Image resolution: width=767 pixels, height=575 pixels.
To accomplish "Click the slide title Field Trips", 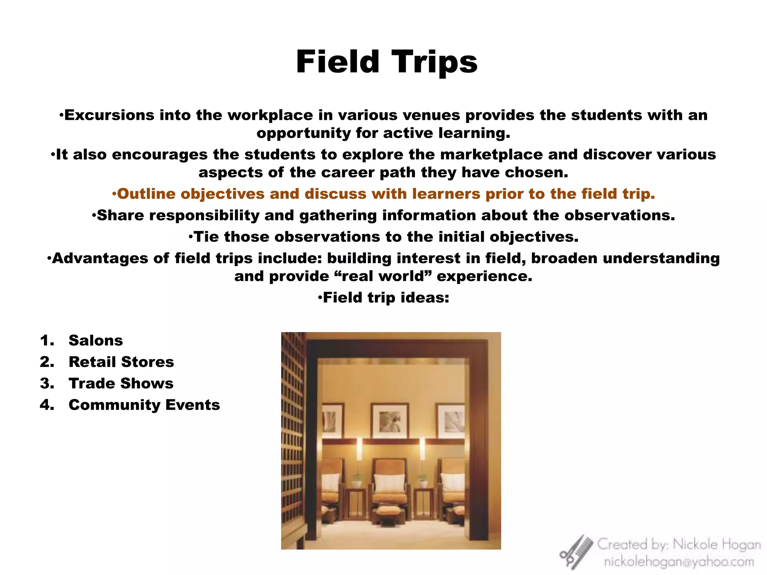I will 386,62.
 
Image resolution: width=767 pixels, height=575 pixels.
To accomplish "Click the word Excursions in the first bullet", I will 109,115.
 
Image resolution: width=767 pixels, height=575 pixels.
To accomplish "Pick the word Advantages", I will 100,258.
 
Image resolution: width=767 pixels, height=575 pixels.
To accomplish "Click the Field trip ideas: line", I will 383,298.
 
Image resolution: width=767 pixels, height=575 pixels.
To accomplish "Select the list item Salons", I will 96,341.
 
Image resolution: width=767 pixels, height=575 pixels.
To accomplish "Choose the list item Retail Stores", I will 121,362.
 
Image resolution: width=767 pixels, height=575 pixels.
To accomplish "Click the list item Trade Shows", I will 121,383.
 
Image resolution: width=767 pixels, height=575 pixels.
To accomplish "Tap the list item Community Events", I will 144,405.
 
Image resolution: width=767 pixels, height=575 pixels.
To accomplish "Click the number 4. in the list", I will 47,405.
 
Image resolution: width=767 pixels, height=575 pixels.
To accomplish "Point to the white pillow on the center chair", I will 389,483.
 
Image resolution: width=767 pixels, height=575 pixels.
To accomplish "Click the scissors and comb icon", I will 576,553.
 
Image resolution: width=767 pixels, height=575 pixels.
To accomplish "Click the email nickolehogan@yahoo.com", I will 679,562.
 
